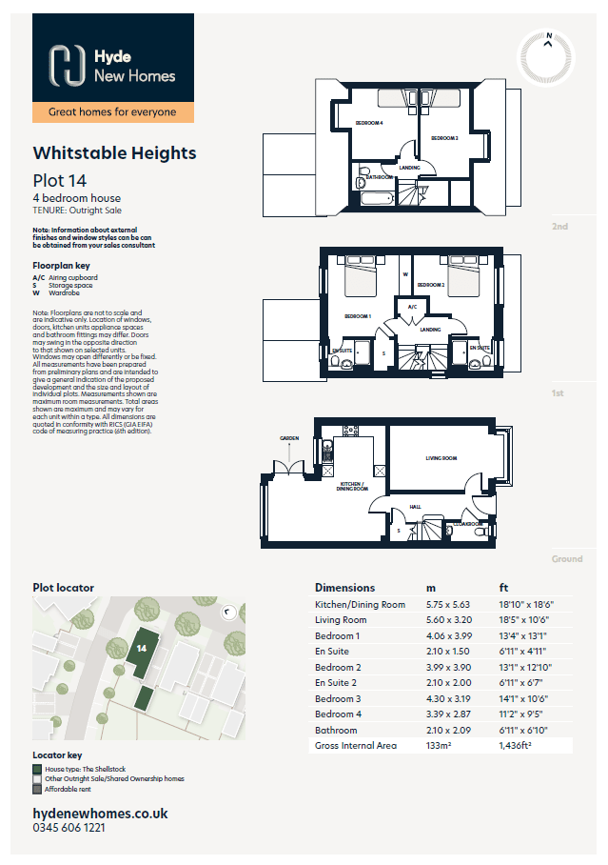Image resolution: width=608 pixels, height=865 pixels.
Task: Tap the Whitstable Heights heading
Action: pos(114,152)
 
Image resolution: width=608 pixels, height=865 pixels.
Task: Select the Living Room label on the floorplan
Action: pos(441,459)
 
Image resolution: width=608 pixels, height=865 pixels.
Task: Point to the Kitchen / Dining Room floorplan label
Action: pos(352,486)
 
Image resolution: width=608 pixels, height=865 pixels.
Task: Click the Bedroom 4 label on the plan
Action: pos(369,123)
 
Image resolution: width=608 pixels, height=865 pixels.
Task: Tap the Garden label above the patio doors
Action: pos(289,438)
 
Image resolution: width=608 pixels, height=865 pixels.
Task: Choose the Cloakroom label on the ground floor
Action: pos(467,523)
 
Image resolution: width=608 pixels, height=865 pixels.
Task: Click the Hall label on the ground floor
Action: pos(415,506)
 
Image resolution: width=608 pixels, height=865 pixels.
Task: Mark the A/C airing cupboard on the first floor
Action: pos(413,308)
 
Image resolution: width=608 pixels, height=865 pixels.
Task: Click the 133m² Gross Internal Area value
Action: pos(440,745)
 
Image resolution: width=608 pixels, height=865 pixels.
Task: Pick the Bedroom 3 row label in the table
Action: pos(338,698)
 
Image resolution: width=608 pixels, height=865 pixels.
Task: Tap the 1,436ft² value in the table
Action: pos(517,745)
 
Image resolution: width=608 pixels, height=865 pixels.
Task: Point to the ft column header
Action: pos(503,588)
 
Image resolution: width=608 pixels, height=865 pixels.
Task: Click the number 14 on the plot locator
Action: pos(140,648)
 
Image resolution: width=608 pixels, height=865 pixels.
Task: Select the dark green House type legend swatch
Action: pos(37,768)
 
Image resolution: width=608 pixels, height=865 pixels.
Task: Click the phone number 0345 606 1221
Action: pos(69,830)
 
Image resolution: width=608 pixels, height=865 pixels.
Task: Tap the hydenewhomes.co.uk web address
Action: pos(100,814)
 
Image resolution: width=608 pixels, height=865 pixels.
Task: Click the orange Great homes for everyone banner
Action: pos(112,112)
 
